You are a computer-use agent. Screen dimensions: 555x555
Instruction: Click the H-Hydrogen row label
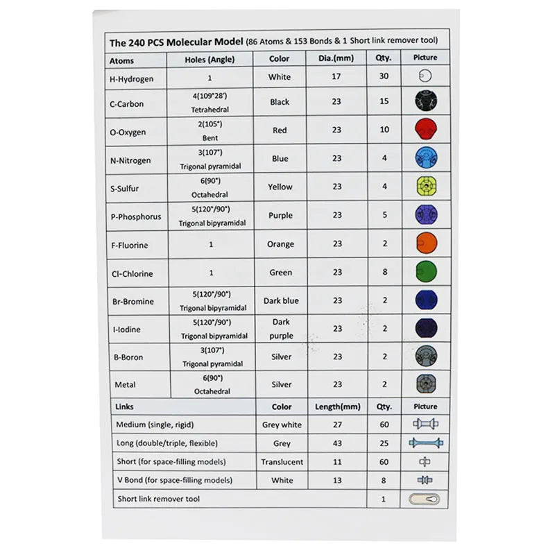tap(131, 78)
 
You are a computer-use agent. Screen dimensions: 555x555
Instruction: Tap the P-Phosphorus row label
tap(135, 216)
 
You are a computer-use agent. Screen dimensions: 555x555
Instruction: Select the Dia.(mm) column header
tap(336, 59)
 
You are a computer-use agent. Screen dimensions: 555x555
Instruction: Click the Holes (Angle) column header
tap(210, 60)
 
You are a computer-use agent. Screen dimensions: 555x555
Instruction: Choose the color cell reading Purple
tap(280, 215)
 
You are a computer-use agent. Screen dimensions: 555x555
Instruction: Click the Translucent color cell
tap(282, 461)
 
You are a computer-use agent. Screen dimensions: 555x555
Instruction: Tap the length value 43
tap(336, 443)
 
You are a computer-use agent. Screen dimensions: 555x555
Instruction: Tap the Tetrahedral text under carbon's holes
tap(210, 110)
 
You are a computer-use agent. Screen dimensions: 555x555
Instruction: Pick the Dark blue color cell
tap(281, 300)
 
